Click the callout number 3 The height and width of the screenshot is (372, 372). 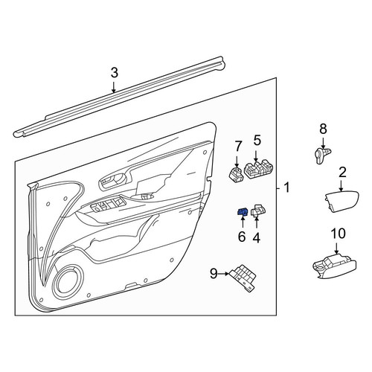pos(114,73)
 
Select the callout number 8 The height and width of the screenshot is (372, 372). pos(323,129)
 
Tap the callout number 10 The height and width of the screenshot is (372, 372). pos(338,234)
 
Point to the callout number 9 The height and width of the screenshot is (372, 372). pos(214,274)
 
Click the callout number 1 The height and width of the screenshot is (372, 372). pos(286,187)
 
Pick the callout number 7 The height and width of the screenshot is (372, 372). pos(238,146)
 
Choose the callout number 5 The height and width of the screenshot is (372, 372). pos(257,141)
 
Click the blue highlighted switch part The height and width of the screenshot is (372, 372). pos(243,212)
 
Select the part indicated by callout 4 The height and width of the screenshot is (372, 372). pos(258,211)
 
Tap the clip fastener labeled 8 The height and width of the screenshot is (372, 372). pos(322,155)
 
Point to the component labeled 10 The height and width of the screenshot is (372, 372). pos(335,268)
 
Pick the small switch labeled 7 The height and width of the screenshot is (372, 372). pos(236,174)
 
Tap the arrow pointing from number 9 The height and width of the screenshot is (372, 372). pos(224,274)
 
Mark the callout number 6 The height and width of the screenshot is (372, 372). pos(242,237)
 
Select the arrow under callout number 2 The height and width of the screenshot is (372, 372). pos(341,186)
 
